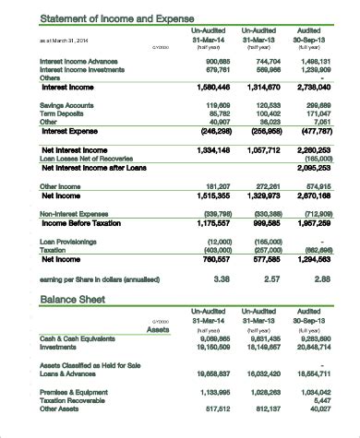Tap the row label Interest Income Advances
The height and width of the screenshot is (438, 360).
[x=80, y=60]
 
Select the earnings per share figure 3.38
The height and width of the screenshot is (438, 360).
[x=222, y=278]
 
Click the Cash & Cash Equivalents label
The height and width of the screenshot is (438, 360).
[x=77, y=338]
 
